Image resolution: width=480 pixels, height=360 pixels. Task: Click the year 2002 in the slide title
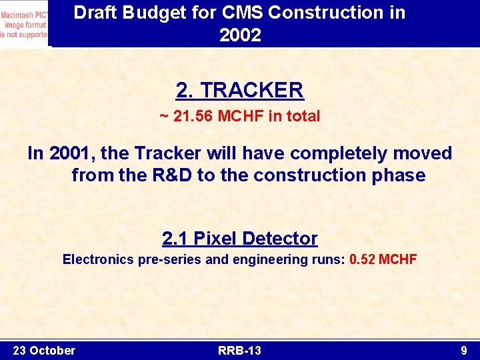click(x=240, y=35)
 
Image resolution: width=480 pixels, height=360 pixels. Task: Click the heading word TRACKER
click(x=251, y=90)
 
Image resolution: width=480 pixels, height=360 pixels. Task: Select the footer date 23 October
click(x=44, y=350)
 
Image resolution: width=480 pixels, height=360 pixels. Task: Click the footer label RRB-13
click(x=239, y=350)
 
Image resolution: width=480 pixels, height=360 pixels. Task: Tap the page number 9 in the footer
click(x=463, y=350)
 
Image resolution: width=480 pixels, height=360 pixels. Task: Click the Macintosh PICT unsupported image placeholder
click(x=24, y=24)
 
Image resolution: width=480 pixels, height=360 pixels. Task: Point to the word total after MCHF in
click(x=303, y=117)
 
